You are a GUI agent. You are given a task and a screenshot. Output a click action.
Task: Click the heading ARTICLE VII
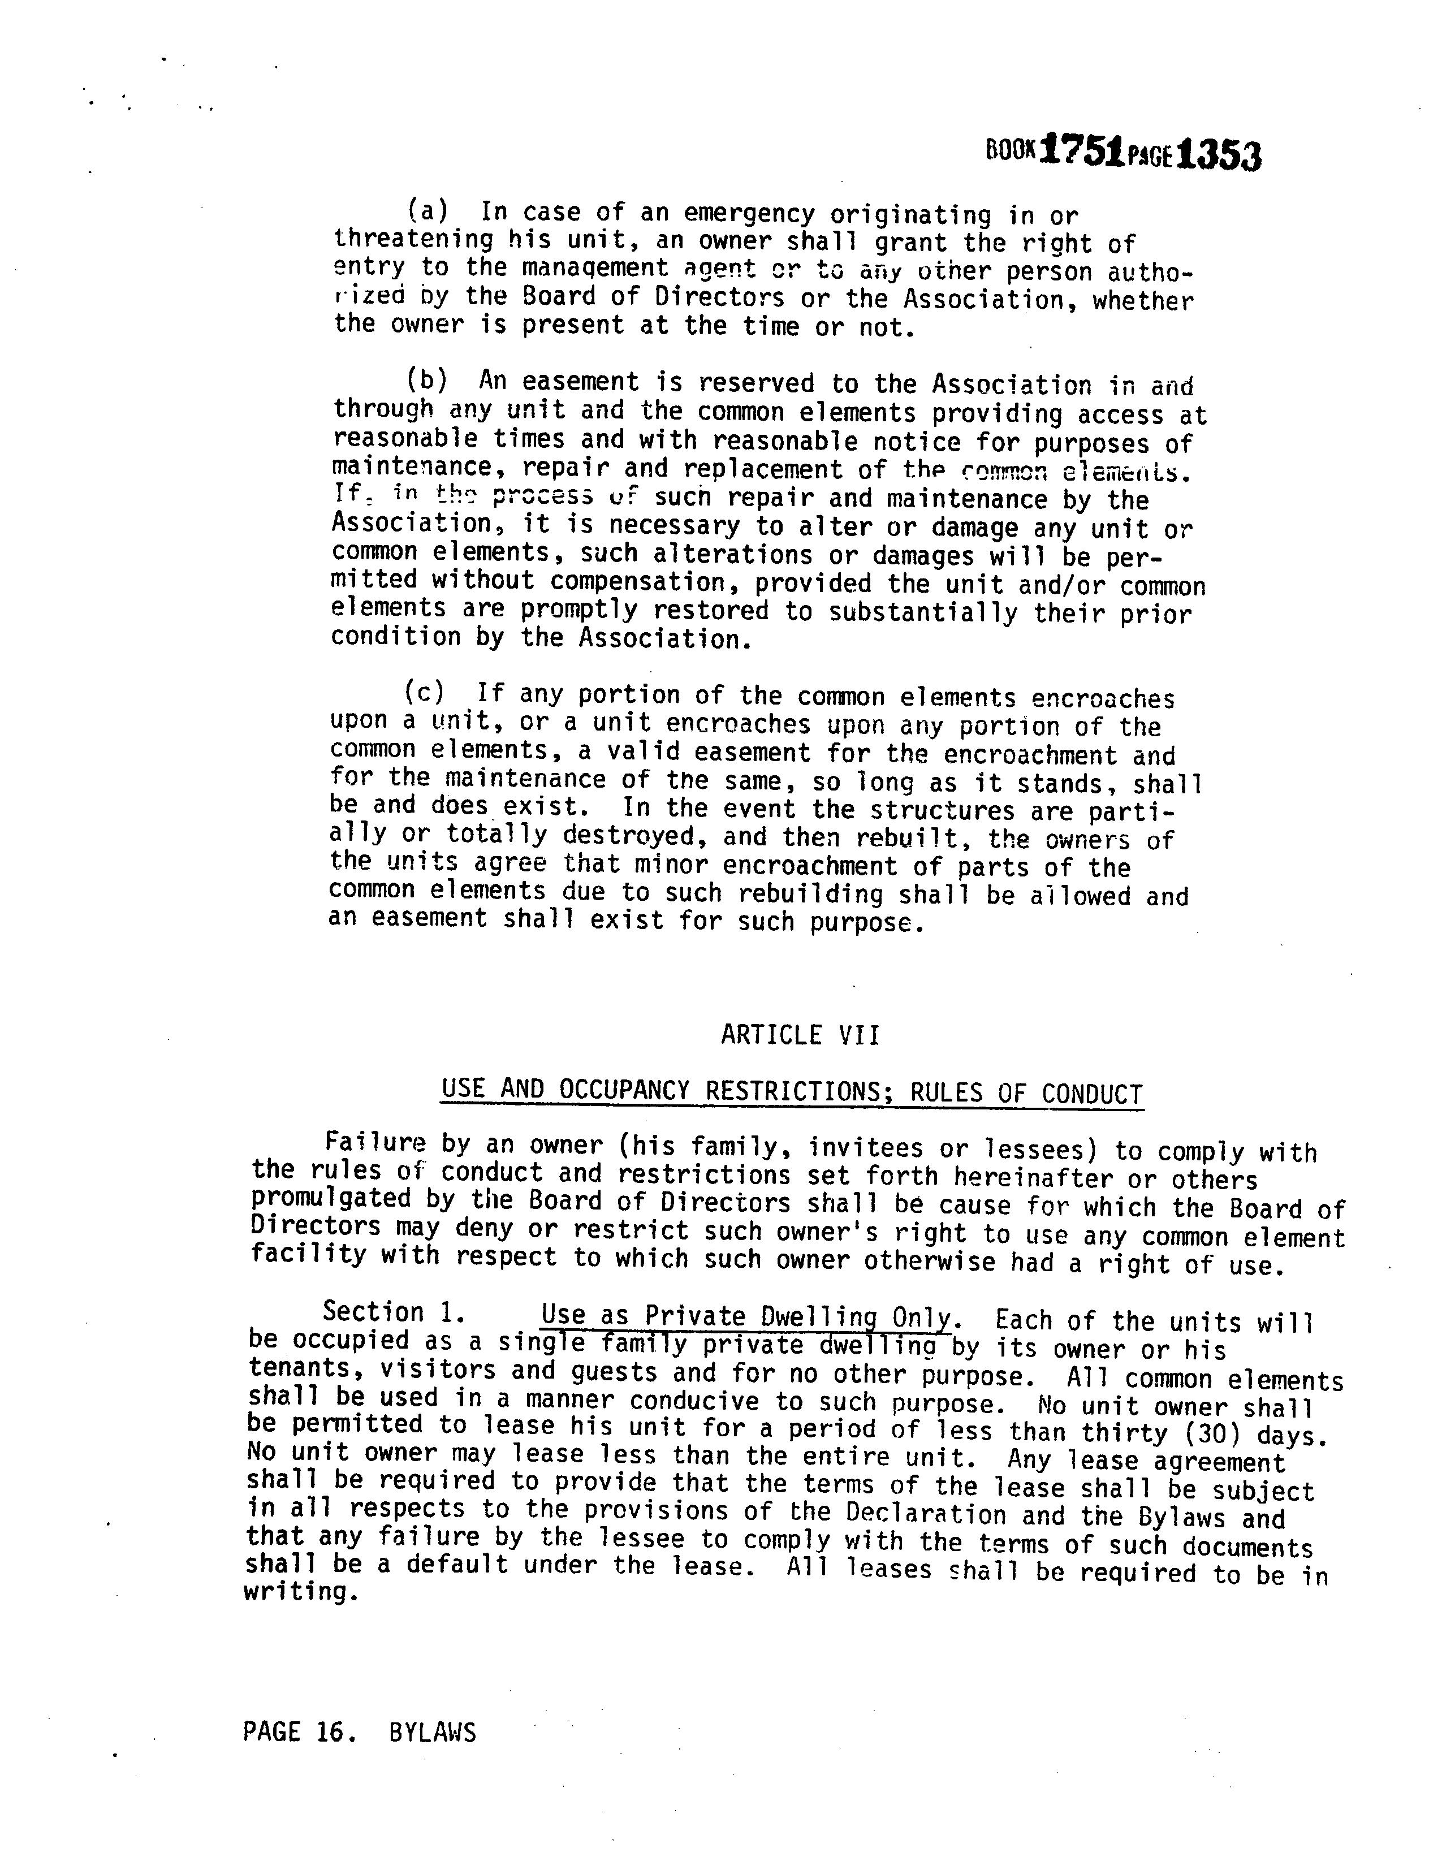click(800, 1035)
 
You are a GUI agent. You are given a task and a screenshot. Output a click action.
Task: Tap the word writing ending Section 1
click(297, 1592)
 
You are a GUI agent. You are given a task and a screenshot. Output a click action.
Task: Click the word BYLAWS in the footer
click(432, 1733)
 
